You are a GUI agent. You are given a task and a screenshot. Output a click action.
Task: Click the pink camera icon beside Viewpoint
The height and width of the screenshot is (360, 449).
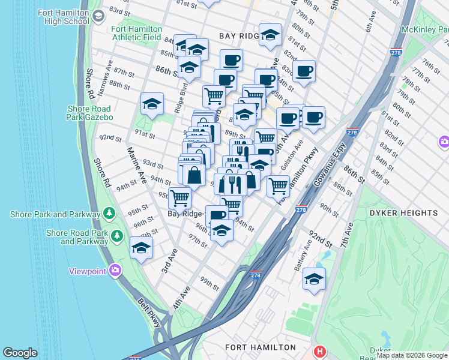(115, 271)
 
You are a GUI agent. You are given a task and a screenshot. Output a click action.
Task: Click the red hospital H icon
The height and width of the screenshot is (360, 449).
(320, 351)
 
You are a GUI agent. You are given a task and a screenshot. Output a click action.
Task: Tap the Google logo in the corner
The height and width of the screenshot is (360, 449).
(20, 353)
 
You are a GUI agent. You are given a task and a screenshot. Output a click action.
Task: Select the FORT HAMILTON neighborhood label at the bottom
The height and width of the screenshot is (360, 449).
(260, 347)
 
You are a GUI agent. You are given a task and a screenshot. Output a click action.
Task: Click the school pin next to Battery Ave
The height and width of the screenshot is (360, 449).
(314, 279)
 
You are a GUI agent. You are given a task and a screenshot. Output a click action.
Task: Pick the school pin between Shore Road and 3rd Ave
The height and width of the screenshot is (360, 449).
(141, 247)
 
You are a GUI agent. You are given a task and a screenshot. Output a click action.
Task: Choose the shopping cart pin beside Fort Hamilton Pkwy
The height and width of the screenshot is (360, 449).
(278, 186)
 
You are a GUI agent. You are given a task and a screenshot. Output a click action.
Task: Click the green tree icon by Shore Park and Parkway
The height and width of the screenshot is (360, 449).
(109, 214)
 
